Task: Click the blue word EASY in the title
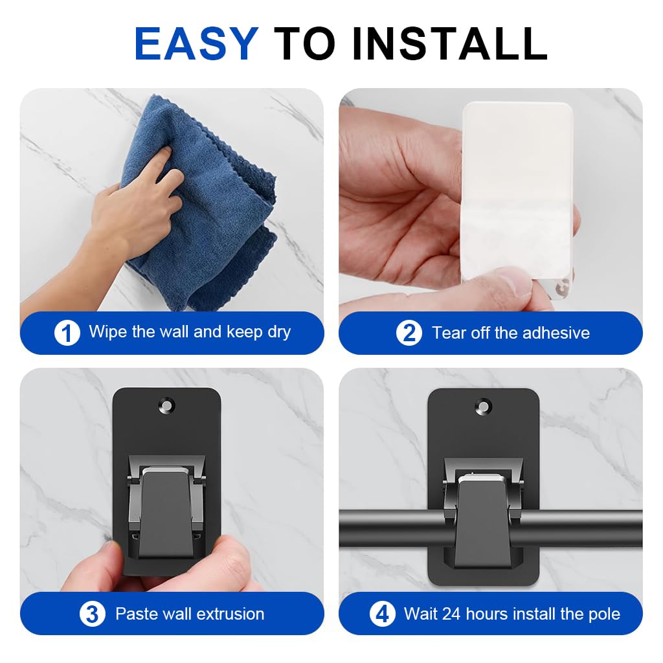click(196, 44)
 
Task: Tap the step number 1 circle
click(67, 333)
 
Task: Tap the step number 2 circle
click(409, 333)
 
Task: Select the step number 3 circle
click(93, 614)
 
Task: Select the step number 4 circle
click(382, 614)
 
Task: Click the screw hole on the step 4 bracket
click(483, 407)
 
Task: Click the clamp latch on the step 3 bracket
click(166, 511)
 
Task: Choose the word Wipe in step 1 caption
click(107, 332)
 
